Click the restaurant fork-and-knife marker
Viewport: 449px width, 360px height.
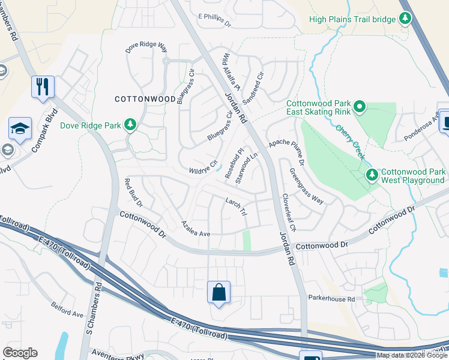click(x=43, y=86)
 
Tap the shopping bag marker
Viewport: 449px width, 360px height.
click(x=219, y=293)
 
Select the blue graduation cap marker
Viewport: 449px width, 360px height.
click(x=20, y=128)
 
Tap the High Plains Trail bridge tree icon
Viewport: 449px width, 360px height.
click(x=406, y=19)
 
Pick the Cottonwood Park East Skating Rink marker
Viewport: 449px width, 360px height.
click(x=360, y=107)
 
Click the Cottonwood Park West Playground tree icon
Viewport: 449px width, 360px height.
click(x=373, y=175)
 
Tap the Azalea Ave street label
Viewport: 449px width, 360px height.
click(x=196, y=229)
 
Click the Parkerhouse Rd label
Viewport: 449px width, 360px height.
click(x=332, y=298)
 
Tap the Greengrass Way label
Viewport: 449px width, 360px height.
click(x=306, y=187)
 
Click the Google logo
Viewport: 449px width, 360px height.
click(x=20, y=352)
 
